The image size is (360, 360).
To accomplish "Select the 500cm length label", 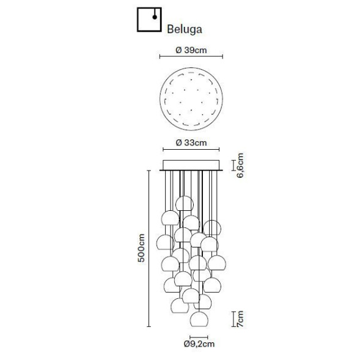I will (x=141, y=248).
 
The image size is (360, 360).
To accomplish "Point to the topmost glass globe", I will (x=184, y=204).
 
